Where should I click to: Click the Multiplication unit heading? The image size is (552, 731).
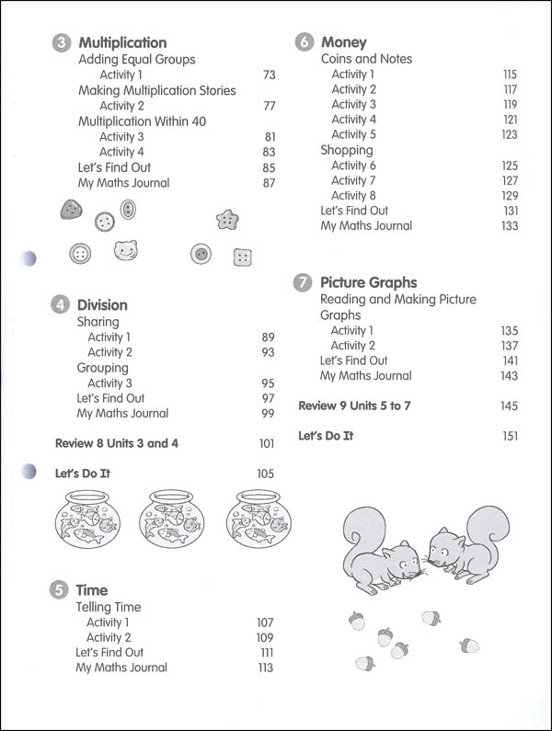pos(122,42)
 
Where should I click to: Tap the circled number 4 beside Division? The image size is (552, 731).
pos(60,305)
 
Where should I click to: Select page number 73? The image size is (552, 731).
pos(269,74)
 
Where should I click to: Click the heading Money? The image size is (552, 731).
pos(343,42)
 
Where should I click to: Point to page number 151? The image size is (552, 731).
pos(511,436)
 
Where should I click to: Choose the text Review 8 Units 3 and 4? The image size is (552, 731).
pos(117,443)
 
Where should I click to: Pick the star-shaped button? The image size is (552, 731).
pos(226,219)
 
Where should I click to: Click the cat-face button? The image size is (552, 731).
pos(126,249)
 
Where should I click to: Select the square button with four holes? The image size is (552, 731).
pos(243,256)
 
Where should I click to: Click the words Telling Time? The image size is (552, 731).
pos(109,608)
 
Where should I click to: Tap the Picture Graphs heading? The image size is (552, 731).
pos(368,283)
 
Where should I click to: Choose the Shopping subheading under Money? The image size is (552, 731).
pos(347,150)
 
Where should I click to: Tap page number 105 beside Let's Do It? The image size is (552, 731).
pos(266,474)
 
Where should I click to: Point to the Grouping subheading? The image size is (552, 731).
pos(102,368)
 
